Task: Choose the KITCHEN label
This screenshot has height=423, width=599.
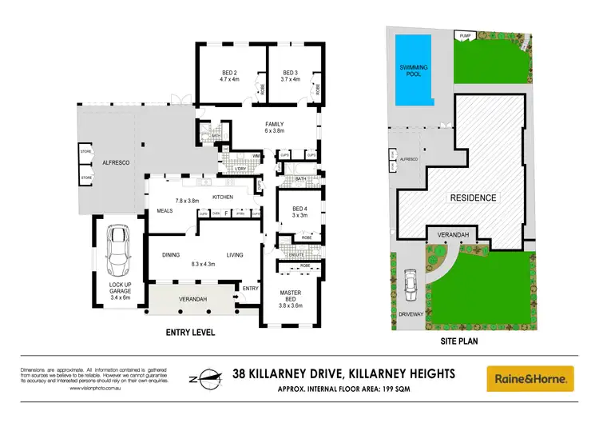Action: [x=222, y=197]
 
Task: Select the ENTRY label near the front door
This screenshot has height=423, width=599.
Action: [x=250, y=288]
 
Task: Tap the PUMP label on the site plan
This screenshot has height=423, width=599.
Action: [x=464, y=35]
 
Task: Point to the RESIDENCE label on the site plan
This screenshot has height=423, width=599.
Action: [x=473, y=198]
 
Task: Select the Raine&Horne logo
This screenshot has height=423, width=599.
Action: [x=530, y=376]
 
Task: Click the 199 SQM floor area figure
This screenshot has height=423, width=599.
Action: [x=420, y=389]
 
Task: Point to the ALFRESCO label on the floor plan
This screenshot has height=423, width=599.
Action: [x=117, y=162]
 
